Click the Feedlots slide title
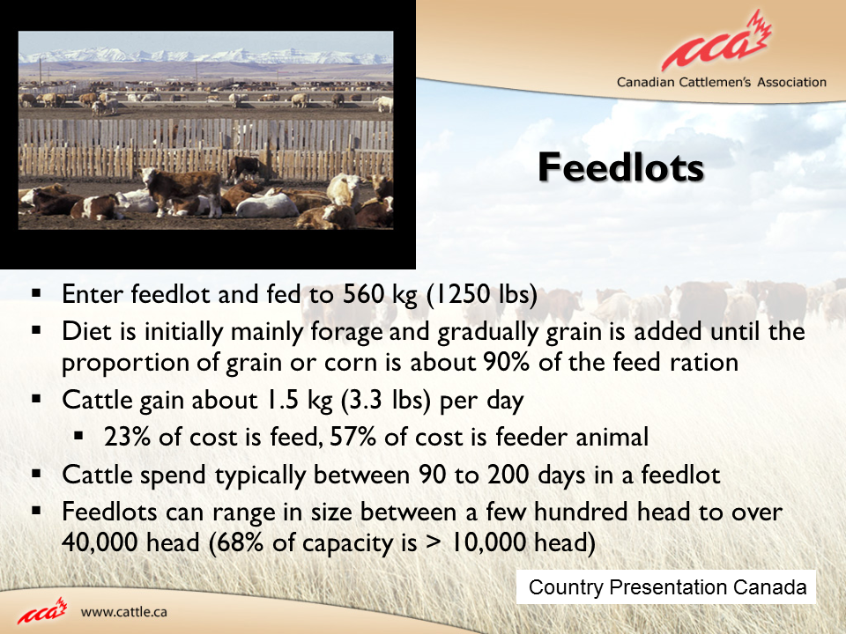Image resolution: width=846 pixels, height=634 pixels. coord(621,167)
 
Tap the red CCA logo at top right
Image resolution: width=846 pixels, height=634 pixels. coord(717,42)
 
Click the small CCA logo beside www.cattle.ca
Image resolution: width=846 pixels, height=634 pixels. coord(42,611)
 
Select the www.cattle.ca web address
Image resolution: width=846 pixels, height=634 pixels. coord(123,612)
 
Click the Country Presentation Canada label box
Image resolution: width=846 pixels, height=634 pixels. coord(666,586)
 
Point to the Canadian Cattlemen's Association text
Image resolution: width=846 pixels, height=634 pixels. coord(722,83)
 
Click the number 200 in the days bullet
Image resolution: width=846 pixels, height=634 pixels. coord(508,475)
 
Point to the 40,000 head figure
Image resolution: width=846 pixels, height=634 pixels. coord(130,542)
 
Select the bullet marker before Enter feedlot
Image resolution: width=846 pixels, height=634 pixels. coord(37,294)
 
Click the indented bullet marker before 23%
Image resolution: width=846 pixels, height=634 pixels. coord(79,436)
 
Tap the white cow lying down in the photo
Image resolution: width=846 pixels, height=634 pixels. coord(266,206)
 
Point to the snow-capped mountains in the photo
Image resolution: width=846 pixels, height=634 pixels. coord(205,55)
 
